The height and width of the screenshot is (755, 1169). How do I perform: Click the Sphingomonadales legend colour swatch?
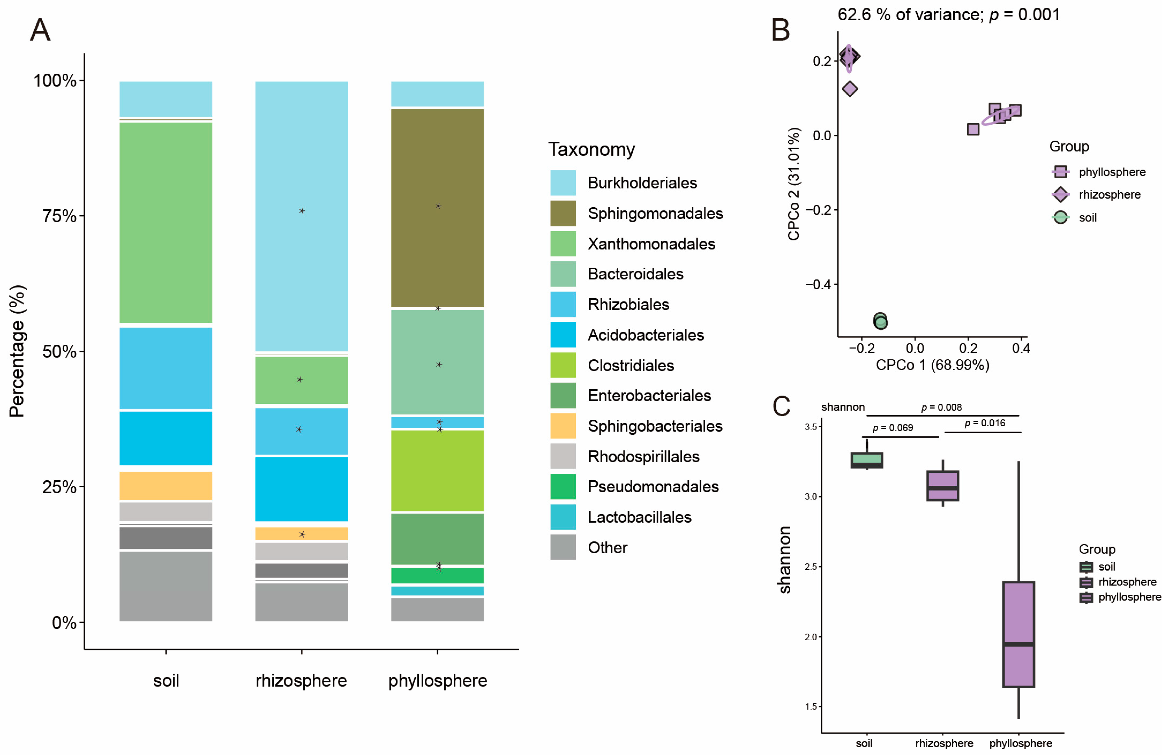(x=563, y=213)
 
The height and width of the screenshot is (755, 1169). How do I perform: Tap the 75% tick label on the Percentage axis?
(x=59, y=216)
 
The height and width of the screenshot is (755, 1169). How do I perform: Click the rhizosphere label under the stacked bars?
(x=301, y=680)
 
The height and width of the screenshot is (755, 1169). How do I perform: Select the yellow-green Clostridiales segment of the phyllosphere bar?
(x=437, y=471)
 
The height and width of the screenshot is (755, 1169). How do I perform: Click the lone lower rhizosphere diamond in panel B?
(x=850, y=89)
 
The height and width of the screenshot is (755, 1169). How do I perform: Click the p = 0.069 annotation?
(x=893, y=428)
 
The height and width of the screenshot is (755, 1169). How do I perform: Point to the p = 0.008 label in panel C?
(x=941, y=407)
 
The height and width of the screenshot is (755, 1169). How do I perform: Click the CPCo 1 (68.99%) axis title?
(x=932, y=365)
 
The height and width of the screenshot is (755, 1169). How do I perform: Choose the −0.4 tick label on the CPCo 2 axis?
(x=818, y=284)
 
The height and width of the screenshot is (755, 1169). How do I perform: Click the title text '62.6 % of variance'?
(x=910, y=15)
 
